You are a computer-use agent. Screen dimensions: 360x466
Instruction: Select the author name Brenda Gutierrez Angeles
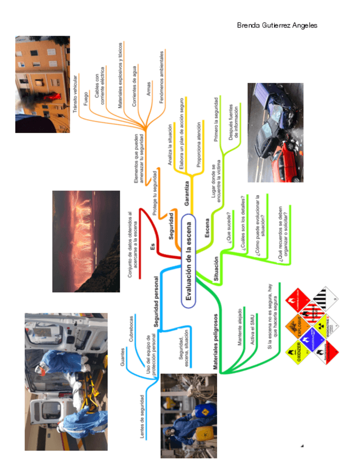tap(276, 26)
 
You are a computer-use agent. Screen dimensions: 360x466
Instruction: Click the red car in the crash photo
tap(287, 159)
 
